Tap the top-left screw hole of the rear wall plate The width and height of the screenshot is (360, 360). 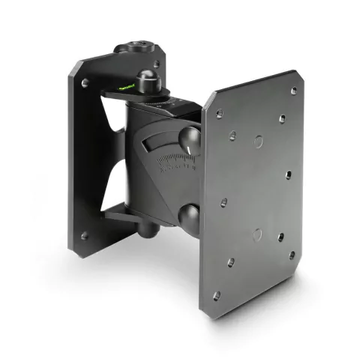pyautogui.click(x=85, y=82)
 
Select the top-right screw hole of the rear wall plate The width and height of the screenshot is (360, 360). pyautogui.click(x=156, y=64)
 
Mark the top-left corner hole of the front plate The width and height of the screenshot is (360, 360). pyautogui.click(x=218, y=115)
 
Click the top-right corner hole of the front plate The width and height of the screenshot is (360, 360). pyautogui.click(x=293, y=91)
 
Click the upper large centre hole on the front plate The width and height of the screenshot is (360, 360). pyautogui.click(x=257, y=140)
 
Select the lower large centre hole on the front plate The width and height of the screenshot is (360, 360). pyautogui.click(x=256, y=234)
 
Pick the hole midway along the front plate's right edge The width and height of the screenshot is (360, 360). pyautogui.click(x=288, y=175)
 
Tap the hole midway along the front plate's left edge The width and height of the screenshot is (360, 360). pyautogui.click(x=223, y=202)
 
